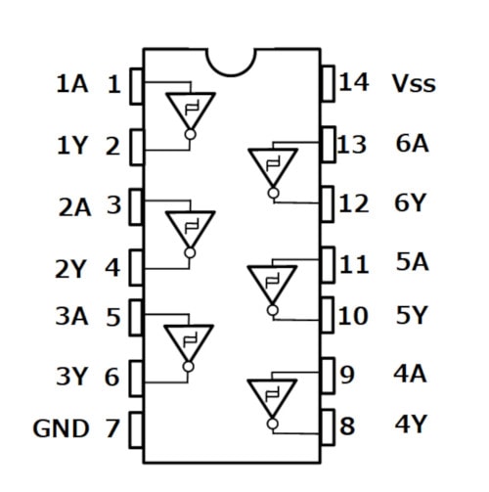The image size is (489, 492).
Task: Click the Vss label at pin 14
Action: [413, 83]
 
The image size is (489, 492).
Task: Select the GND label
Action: [61, 427]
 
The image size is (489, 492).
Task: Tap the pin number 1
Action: [113, 84]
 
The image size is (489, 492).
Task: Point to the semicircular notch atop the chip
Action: [233, 61]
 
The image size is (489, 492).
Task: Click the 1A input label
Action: [70, 84]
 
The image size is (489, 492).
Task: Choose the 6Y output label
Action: [412, 204]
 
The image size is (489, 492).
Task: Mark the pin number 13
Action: [351, 145]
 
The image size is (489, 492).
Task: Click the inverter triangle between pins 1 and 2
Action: [189, 110]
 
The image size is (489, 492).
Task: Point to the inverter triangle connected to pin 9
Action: [272, 396]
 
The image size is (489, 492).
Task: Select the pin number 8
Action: [346, 426]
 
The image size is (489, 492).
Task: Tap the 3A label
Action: [70, 317]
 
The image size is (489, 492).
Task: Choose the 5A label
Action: [412, 262]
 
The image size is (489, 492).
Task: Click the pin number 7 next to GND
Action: [112, 427]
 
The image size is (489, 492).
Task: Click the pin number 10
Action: [351, 316]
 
